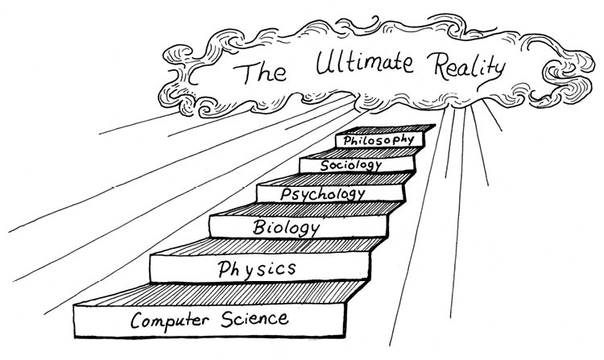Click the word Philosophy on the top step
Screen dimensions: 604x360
(x=379, y=140)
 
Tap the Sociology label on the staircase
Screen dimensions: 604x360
(x=351, y=165)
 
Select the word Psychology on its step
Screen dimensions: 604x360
(x=323, y=194)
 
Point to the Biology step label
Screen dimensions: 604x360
(x=286, y=228)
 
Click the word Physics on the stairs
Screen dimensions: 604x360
(x=257, y=269)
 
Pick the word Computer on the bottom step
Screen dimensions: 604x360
(x=170, y=321)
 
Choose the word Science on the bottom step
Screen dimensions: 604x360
(x=254, y=319)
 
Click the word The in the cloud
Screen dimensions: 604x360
(x=259, y=72)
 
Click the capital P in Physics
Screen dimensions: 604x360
(x=224, y=269)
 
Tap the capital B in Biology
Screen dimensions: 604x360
(x=259, y=227)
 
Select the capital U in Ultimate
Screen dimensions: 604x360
(x=325, y=62)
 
